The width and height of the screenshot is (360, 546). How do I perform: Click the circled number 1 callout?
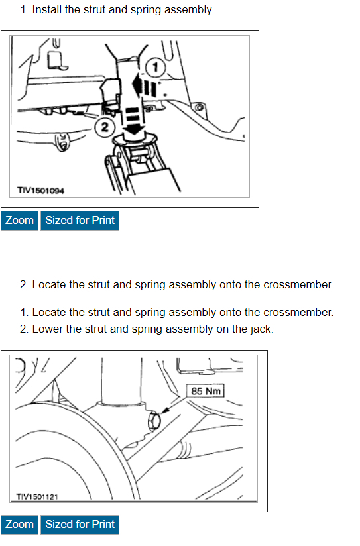pyautogui.click(x=155, y=67)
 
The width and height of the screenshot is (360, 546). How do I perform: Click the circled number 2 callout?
pyautogui.click(x=105, y=127)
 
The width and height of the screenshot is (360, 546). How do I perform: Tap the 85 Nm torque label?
pyautogui.click(x=206, y=391)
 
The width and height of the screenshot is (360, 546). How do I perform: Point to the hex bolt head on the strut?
pyautogui.click(x=154, y=421)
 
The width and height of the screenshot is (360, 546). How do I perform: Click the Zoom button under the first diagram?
pyautogui.click(x=19, y=221)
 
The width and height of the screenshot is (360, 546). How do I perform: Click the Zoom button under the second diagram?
pyautogui.click(x=19, y=524)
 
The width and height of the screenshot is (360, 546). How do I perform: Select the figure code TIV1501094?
pyautogui.click(x=41, y=190)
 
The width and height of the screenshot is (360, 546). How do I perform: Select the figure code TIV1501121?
pyautogui.click(x=37, y=496)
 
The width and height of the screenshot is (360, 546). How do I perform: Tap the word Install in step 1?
pyautogui.click(x=47, y=10)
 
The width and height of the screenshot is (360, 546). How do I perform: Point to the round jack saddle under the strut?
pyautogui.click(x=133, y=140)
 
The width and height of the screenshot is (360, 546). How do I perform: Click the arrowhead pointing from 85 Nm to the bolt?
pyautogui.click(x=165, y=411)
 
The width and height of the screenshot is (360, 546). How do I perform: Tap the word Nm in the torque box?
pyautogui.click(x=213, y=391)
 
